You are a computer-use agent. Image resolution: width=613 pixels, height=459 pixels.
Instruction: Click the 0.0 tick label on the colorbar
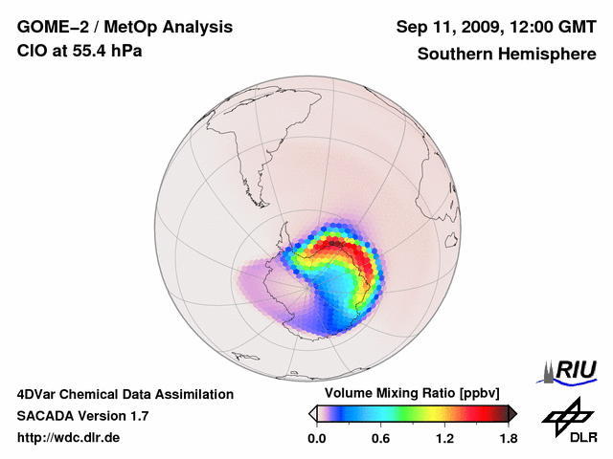point(318,438)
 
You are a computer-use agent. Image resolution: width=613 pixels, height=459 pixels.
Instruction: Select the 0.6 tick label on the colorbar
point(381,438)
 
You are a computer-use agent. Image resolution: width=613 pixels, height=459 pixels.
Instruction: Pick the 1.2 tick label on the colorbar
point(444,438)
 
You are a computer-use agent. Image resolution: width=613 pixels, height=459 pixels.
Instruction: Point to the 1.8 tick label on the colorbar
point(508,438)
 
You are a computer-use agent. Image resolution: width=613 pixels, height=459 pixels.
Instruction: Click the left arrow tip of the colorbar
point(312,413)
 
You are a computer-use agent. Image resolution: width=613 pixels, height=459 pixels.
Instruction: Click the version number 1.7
point(137,416)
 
